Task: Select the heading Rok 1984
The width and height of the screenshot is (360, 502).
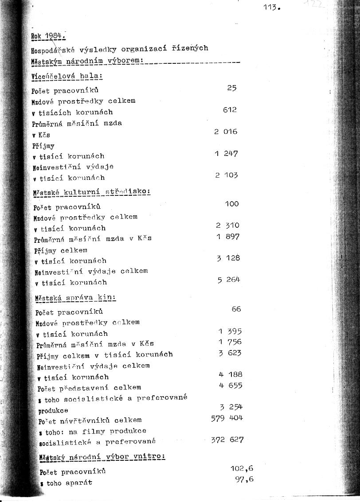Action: tap(48, 36)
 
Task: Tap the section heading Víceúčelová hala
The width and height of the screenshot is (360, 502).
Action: tap(67, 76)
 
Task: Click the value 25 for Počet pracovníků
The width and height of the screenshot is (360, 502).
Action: tap(232, 88)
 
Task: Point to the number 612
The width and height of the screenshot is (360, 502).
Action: tap(230, 109)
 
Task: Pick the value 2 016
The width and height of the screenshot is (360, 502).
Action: tap(226, 132)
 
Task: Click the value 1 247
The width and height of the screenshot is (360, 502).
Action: tap(226, 154)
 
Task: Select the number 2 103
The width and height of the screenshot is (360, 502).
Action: tap(226, 175)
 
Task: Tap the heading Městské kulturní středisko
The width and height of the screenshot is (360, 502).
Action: tap(92, 192)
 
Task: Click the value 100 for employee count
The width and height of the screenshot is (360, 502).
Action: tap(232, 204)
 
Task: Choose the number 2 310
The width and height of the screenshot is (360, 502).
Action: tap(227, 226)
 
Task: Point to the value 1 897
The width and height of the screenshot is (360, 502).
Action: tap(228, 237)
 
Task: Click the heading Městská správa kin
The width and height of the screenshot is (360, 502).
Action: tap(76, 298)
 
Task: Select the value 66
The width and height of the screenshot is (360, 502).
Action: tap(236, 309)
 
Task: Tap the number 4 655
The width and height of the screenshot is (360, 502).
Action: tap(231, 385)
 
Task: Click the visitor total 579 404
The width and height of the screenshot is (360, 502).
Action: tap(227, 418)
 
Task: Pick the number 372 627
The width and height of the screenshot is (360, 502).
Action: tap(227, 440)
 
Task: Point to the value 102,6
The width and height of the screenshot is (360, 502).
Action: tap(242, 468)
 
